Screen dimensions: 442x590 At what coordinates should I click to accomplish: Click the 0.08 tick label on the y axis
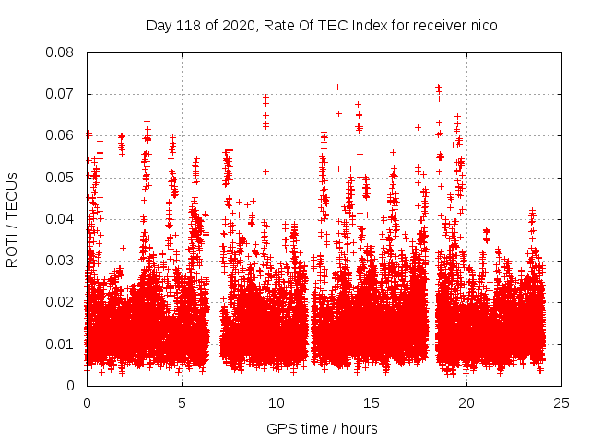(61, 52)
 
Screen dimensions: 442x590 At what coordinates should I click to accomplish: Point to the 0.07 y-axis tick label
(61, 94)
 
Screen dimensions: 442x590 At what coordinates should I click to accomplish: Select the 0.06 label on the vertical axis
(61, 135)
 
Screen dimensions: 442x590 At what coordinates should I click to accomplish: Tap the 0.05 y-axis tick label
(61, 177)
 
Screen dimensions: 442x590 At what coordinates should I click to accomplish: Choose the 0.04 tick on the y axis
(61, 219)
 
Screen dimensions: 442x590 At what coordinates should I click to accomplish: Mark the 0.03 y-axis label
(61, 261)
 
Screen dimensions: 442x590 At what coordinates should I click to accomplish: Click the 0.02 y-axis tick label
(61, 302)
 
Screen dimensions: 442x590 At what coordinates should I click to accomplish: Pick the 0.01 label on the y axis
(61, 343)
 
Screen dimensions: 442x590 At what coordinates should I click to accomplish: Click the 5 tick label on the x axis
(182, 402)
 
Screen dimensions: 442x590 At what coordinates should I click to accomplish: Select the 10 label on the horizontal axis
(277, 402)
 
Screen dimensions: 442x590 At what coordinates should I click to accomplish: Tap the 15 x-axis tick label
(372, 402)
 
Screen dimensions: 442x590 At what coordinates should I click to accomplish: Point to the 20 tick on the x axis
(466, 402)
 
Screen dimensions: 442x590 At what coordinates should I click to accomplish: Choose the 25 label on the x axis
(561, 402)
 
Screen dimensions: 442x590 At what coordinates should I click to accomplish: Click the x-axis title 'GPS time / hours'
(323, 428)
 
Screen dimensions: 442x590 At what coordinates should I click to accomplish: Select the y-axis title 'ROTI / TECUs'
(13, 219)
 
